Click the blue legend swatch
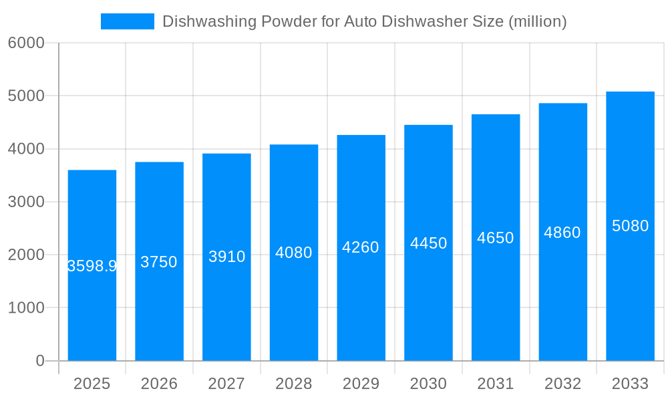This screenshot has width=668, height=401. click(127, 21)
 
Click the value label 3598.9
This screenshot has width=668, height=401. click(92, 266)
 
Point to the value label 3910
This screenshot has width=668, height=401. click(227, 257)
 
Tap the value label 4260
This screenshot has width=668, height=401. click(361, 247)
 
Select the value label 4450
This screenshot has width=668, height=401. click(428, 243)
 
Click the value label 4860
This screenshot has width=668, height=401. click(562, 233)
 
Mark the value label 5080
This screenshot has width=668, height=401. click(630, 226)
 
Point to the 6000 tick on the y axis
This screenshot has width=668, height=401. click(26, 43)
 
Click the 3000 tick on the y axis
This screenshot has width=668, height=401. click(26, 202)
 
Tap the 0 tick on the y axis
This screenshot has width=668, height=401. click(39, 361)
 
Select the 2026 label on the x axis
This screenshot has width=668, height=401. click(159, 384)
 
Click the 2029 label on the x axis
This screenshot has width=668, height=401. click(361, 384)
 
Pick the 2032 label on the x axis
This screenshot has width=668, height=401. click(562, 384)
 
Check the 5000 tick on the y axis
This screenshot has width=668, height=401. click(26, 96)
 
